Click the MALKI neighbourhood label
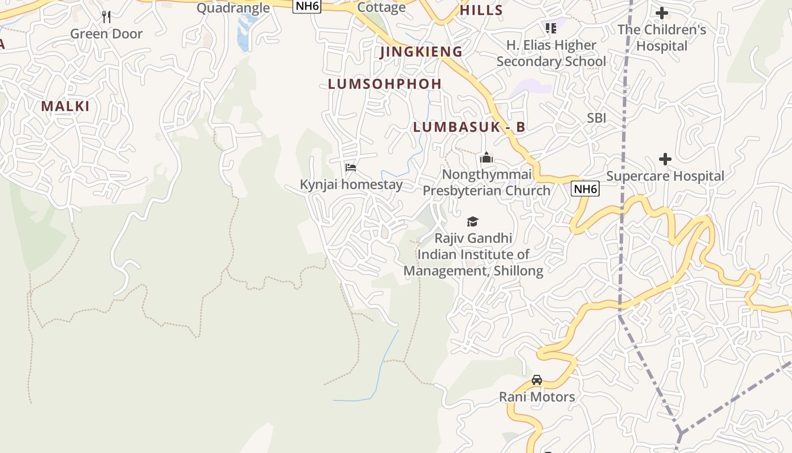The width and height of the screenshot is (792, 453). click(65, 106)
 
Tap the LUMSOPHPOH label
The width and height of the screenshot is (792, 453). click(385, 84)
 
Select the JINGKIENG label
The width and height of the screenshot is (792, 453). click(421, 52)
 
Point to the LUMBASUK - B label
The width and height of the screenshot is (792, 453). click(469, 127)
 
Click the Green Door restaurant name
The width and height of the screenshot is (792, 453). click(106, 34)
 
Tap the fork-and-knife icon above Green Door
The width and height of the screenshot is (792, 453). click(106, 17)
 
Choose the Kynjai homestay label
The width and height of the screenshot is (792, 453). click(351, 185)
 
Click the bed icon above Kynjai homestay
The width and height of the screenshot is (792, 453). click(351, 168)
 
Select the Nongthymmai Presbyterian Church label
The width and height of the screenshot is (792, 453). click(487, 182)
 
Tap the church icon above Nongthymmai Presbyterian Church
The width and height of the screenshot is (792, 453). click(487, 158)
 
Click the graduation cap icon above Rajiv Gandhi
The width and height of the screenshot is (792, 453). click(472, 221)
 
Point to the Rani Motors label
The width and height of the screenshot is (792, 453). click(537, 397)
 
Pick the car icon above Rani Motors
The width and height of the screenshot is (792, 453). click(537, 379)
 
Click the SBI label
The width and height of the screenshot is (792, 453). click(596, 118)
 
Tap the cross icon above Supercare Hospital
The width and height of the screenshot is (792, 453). click(665, 159)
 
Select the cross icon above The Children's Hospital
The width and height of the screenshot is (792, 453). click(661, 12)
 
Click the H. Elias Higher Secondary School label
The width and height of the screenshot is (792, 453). click(551, 53)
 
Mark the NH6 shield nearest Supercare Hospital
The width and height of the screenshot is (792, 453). click(585, 189)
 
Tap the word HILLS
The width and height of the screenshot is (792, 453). click(481, 10)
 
